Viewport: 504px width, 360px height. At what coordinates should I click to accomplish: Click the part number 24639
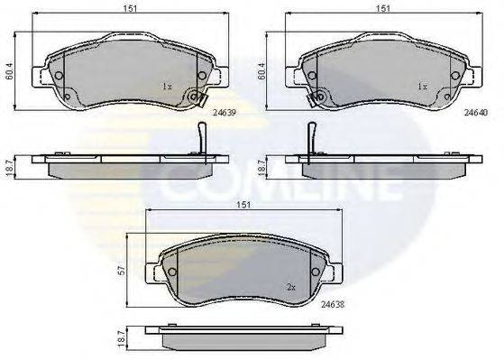point(225,113)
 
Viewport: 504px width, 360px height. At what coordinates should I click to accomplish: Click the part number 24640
point(476,113)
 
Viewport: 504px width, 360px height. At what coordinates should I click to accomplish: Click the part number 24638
point(333,304)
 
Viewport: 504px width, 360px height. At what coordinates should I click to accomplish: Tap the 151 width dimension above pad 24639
point(130,8)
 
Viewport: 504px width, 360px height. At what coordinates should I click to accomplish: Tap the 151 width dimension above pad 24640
point(383,8)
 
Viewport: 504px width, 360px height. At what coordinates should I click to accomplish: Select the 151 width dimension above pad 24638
point(243,205)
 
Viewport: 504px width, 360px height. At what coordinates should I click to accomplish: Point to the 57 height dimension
point(121,272)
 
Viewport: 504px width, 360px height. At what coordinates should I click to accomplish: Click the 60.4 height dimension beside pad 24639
point(10,71)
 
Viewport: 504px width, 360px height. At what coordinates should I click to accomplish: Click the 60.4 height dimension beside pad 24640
point(261,71)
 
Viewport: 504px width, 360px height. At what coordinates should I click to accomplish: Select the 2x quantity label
point(291,288)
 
